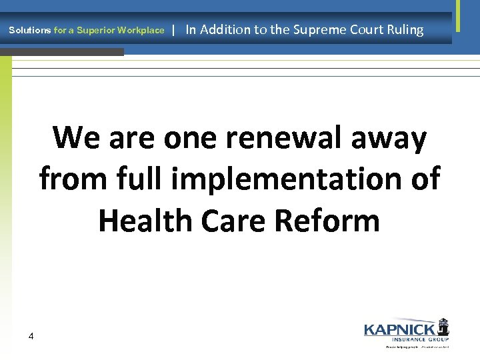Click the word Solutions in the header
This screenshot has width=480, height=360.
(x=29, y=31)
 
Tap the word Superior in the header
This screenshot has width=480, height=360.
(x=95, y=31)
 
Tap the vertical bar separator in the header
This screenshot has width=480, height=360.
(x=173, y=29)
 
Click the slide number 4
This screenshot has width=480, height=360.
(x=31, y=336)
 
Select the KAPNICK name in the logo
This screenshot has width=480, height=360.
(x=399, y=329)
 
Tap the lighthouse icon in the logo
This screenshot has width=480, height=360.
(x=443, y=327)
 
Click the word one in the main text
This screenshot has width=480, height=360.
(x=188, y=138)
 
